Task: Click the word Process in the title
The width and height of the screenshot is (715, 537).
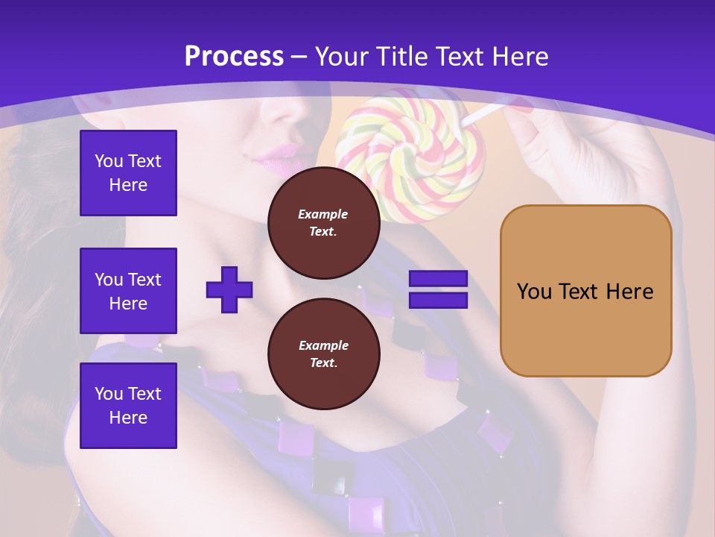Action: click(234, 57)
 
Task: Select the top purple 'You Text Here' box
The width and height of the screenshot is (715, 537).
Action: click(128, 173)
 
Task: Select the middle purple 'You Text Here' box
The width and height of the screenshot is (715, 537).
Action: click(128, 291)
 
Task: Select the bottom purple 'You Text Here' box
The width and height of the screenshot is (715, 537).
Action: click(128, 406)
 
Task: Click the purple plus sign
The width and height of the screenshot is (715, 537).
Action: click(229, 289)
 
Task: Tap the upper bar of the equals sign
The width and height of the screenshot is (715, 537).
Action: click(438, 279)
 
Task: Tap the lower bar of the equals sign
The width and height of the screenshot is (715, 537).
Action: click(438, 301)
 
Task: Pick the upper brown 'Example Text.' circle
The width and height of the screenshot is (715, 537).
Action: click(323, 223)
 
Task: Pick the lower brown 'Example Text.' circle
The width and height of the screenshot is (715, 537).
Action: click(323, 354)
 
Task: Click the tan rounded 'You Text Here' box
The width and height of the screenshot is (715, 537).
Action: click(585, 291)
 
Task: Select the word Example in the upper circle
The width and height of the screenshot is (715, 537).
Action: click(323, 214)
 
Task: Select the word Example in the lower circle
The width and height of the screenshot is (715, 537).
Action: click(323, 345)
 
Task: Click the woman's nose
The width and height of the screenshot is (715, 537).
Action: click(287, 112)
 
